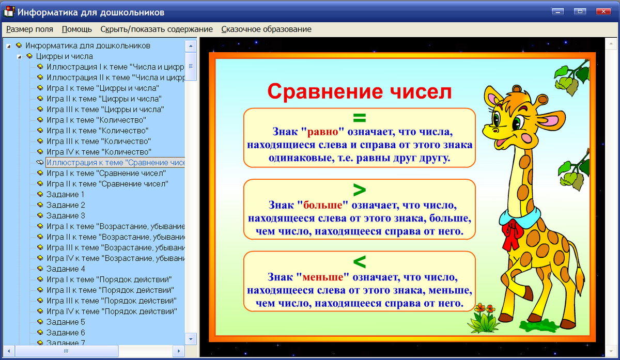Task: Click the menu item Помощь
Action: (76, 29)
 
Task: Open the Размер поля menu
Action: (29, 29)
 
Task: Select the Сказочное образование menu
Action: (266, 29)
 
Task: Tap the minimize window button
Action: (557, 11)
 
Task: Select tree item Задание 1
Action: (66, 194)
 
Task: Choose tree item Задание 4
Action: (66, 269)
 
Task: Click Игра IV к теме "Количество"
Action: (99, 152)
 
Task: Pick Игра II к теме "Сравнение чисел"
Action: (107, 183)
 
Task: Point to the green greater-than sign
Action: (359, 187)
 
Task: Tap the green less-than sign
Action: (359, 260)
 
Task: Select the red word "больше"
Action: (324, 204)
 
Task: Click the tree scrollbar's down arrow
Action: (191, 339)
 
